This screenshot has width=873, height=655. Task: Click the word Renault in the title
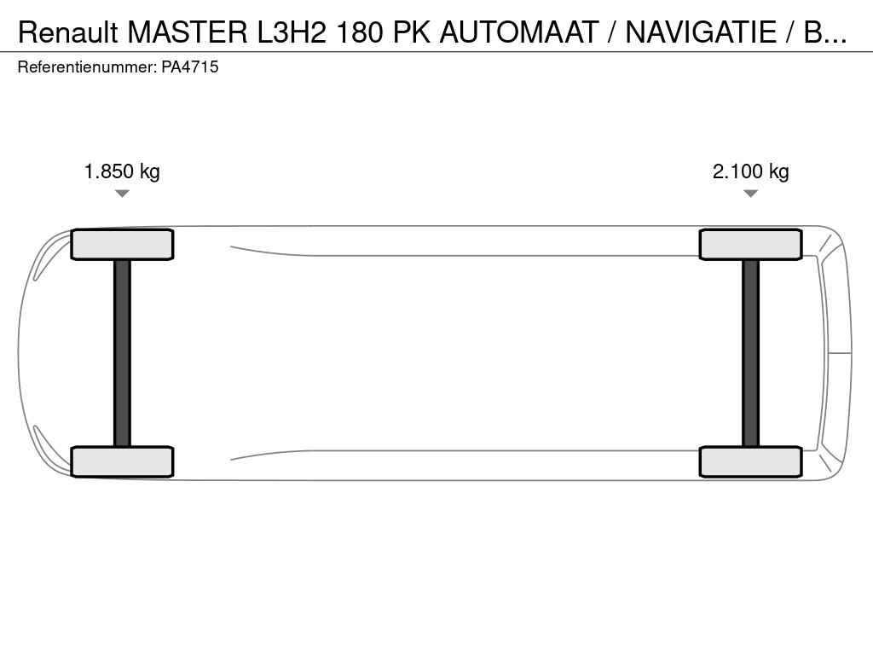click(68, 32)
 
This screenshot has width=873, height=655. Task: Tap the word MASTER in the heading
click(188, 32)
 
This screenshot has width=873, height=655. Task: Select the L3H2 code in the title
click(292, 32)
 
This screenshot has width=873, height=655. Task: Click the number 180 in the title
click(360, 32)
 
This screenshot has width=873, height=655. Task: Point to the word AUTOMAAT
click(519, 32)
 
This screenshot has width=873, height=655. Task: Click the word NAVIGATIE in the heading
click(701, 32)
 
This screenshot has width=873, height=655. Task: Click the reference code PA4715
click(190, 67)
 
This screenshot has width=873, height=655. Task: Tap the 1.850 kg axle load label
click(122, 171)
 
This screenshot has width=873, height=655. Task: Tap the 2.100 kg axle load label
click(750, 171)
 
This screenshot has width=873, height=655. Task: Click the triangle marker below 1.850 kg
click(122, 194)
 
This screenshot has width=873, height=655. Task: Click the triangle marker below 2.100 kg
click(750, 194)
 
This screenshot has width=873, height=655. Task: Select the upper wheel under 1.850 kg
click(122, 245)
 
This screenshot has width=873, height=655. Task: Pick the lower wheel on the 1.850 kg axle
click(122, 461)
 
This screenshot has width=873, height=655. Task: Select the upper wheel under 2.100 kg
click(750, 245)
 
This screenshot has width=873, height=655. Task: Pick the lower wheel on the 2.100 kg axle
click(750, 461)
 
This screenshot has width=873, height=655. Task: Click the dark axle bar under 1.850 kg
click(122, 353)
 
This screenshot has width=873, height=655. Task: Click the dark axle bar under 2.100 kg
click(750, 353)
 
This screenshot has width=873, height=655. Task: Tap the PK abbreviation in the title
click(412, 32)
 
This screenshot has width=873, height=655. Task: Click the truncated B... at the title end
click(825, 32)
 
